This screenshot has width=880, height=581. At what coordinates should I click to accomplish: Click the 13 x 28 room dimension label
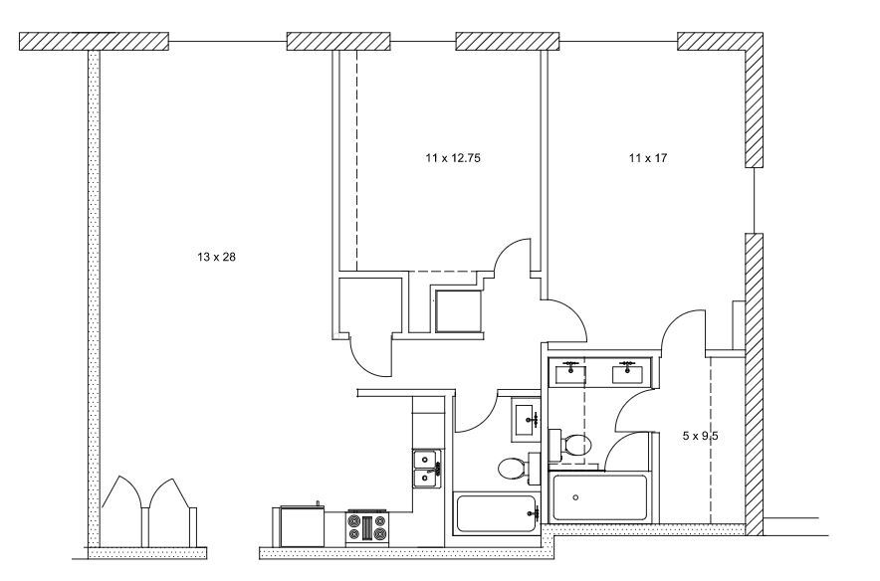pos(216,258)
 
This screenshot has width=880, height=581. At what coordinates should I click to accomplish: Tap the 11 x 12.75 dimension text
pos(454,158)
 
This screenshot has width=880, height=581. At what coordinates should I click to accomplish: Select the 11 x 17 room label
pos(647,158)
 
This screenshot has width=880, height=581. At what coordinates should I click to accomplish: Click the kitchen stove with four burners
pos(366,526)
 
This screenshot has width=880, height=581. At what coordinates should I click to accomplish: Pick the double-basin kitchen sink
pos(428,467)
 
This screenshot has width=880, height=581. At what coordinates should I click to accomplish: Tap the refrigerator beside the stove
pos(300,524)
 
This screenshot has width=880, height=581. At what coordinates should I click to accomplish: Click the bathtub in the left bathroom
pos(495,512)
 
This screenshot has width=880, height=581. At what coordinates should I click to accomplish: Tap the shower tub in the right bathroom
pos(599,497)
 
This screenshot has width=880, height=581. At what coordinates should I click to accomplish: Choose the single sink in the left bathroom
pos(526,417)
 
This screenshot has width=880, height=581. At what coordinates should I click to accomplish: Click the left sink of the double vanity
pos(570,373)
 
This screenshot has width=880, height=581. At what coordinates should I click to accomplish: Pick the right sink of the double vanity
pos(627,373)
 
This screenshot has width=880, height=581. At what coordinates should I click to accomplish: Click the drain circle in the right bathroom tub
pos(575,497)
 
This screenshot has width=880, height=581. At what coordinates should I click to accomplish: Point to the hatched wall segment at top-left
pos(95,42)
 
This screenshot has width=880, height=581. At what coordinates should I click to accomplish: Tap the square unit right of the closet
pos(457,309)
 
